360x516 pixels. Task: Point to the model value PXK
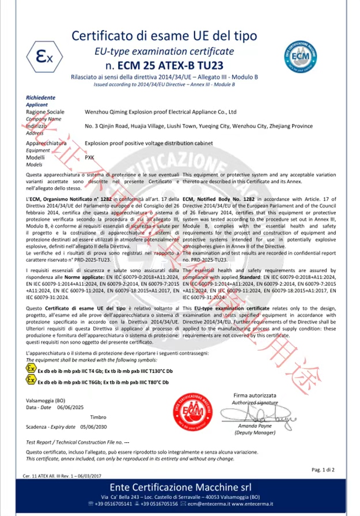[x=90, y=157]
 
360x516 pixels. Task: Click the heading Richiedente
[x=40, y=98]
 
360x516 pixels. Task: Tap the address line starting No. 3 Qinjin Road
[x=199, y=126]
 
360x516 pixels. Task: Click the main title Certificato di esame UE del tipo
[x=164, y=36]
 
